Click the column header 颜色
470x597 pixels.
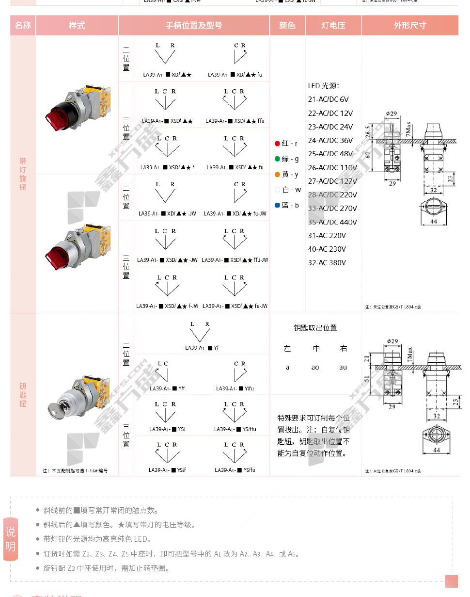287,25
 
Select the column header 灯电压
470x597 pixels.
333,25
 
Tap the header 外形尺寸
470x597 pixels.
410,25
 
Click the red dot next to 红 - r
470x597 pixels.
277,144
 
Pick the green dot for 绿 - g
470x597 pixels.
277,159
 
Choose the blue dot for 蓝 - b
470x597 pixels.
277,205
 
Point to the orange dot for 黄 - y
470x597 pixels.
277,174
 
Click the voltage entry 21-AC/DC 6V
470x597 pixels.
329,99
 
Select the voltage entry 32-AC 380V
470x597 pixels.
327,263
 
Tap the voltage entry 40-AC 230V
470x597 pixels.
327,249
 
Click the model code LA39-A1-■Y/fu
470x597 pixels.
235,388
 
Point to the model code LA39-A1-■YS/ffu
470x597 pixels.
235,429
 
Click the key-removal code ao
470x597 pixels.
315,368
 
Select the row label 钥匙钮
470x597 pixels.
23,395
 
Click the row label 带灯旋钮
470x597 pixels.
23,174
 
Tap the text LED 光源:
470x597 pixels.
324,86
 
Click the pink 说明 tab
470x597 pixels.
10,539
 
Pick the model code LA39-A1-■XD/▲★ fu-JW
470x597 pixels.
235,213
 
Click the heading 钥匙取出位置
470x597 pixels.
315,328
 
